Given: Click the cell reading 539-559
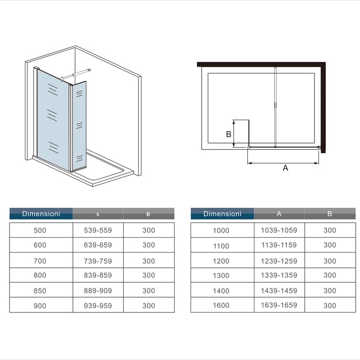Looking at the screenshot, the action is [x=98, y=230].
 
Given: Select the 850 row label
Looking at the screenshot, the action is [x=40, y=291].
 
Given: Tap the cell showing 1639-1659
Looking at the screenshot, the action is [x=279, y=305].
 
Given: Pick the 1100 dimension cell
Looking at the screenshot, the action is [x=221, y=246].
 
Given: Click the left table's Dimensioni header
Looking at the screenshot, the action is [x=41, y=214].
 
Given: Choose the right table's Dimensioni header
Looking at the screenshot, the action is [x=222, y=214].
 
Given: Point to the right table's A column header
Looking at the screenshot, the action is [x=279, y=214].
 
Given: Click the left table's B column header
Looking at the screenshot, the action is [x=149, y=214].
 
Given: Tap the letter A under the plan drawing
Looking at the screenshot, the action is [x=286, y=168].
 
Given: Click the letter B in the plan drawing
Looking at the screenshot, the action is [x=228, y=134].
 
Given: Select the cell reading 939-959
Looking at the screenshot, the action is [x=98, y=306].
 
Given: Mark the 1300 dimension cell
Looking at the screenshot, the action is [x=221, y=276].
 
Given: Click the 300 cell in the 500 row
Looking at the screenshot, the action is [x=149, y=230].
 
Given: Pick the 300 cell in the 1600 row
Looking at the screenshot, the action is [x=330, y=306].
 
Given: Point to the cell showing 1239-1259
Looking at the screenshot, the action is [x=279, y=261].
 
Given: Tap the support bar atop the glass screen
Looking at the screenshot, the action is [x=76, y=74].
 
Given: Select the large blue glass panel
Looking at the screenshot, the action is [x=53, y=120].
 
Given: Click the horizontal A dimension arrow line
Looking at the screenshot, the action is [x=283, y=163].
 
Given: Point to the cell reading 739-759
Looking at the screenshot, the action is [x=98, y=261].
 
